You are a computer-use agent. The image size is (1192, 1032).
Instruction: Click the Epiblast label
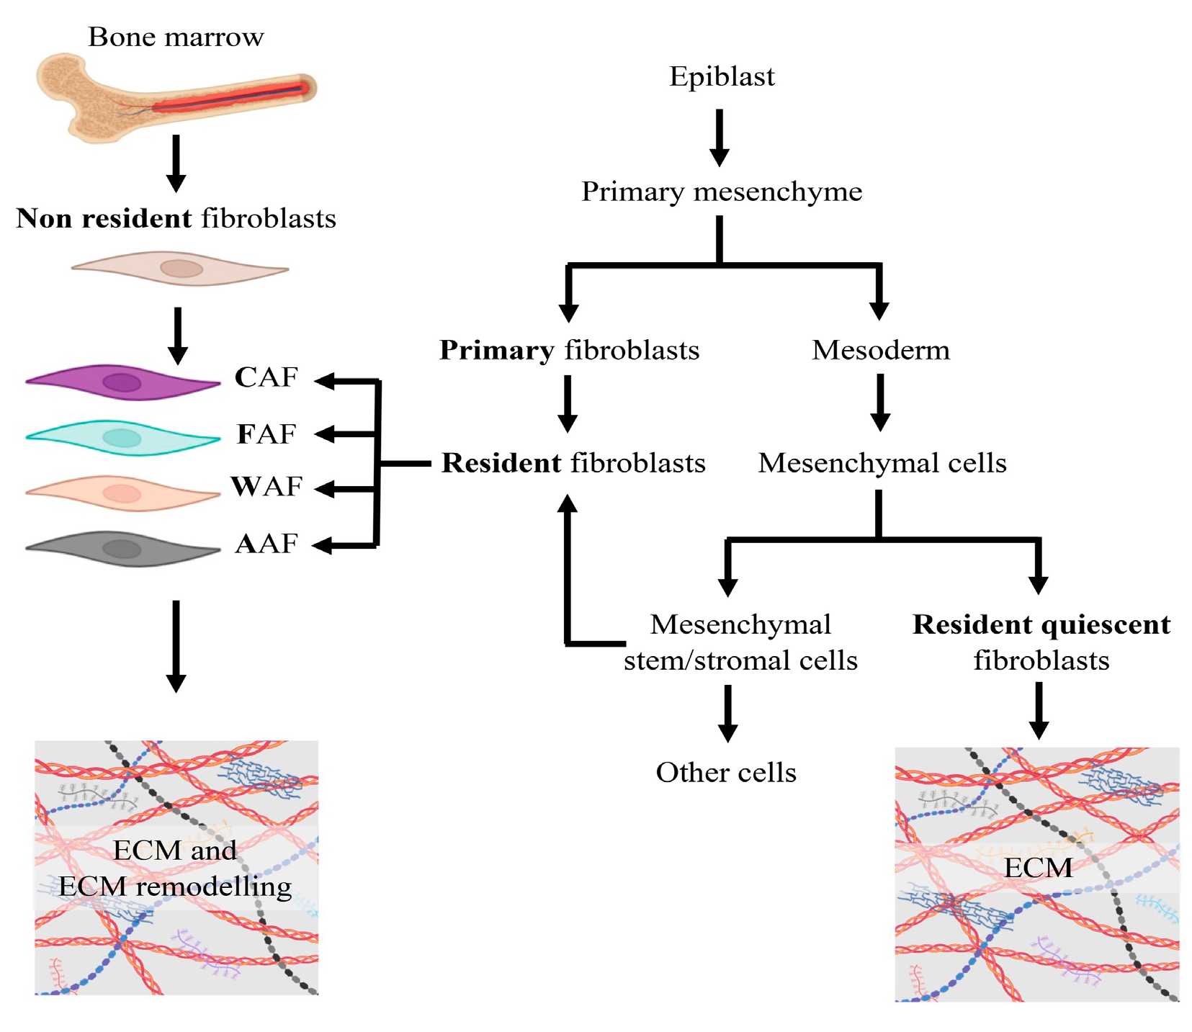pyautogui.click(x=721, y=76)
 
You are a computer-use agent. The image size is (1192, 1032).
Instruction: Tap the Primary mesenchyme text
pyautogui.click(x=721, y=192)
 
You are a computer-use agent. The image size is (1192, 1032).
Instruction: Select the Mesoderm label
pyautogui.click(x=880, y=350)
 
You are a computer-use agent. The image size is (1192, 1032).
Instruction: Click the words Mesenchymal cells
pyautogui.click(x=882, y=463)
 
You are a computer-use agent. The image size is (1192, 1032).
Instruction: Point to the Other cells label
pyautogui.click(x=725, y=773)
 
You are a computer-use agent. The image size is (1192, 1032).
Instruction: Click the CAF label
pyautogui.click(x=266, y=377)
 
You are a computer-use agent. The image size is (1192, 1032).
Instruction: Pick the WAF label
pyautogui.click(x=266, y=487)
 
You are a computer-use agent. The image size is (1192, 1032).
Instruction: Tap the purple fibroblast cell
pyautogui.click(x=122, y=382)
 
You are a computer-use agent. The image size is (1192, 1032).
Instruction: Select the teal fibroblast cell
pyautogui.click(x=122, y=437)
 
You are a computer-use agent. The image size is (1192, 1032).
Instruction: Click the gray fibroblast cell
pyautogui.click(x=122, y=549)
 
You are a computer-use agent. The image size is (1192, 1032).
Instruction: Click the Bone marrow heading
pyautogui.click(x=176, y=37)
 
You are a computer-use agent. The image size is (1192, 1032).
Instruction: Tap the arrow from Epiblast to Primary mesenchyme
pyautogui.click(x=719, y=137)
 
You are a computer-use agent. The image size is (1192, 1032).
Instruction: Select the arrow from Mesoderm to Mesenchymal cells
pyautogui.click(x=880, y=402)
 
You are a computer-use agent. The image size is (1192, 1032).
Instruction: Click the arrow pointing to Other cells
pyautogui.click(x=727, y=713)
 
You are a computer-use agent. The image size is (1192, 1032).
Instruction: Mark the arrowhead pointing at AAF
pyautogui.click(x=323, y=545)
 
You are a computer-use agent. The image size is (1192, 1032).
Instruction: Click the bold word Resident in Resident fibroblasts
pyautogui.click(x=501, y=463)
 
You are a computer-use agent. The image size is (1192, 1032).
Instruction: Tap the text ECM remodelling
pyautogui.click(x=175, y=887)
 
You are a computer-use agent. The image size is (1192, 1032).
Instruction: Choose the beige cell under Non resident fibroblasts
pyautogui.click(x=180, y=269)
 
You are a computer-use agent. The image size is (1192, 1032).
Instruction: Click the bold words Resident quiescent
pyautogui.click(x=1041, y=624)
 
